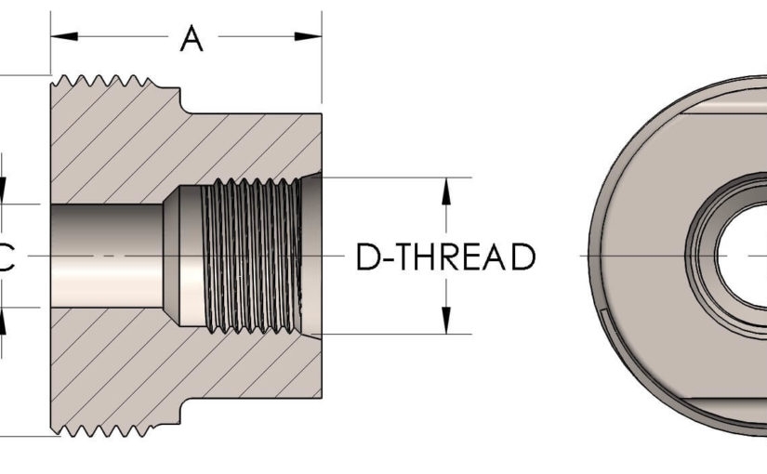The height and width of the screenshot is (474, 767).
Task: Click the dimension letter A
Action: (x=192, y=39)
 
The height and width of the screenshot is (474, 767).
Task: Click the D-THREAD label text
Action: (x=445, y=257)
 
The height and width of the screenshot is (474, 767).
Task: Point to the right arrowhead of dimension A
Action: (x=309, y=36)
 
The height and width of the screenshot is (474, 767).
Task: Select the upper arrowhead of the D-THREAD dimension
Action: (x=446, y=190)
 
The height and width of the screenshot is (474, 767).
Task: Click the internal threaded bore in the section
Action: (x=251, y=256)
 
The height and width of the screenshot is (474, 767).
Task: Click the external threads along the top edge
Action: (x=112, y=83)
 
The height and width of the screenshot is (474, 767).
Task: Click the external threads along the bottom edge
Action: (x=112, y=429)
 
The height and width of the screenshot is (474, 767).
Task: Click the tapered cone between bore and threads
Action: (x=172, y=256)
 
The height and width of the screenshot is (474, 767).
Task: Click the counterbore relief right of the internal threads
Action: (x=312, y=256)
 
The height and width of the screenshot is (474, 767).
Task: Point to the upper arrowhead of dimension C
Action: (x=3, y=191)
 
